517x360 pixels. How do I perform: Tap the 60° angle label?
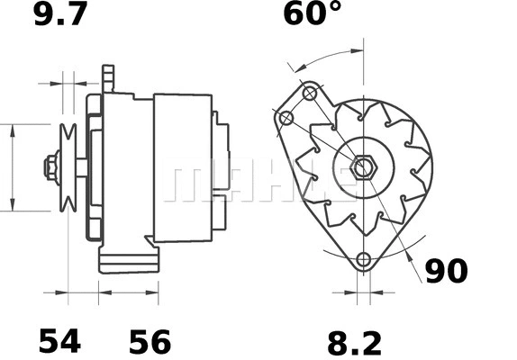312,15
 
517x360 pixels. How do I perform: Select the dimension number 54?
59,342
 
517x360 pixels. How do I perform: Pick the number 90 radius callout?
447,271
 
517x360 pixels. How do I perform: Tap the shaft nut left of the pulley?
50,167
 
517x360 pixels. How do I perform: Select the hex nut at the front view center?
364,167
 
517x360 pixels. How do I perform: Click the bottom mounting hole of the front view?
364,260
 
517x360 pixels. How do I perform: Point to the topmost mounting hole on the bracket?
310,94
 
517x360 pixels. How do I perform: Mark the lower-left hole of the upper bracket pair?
286,119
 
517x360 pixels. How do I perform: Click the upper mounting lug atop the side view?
109,77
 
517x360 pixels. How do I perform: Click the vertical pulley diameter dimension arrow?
12,167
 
